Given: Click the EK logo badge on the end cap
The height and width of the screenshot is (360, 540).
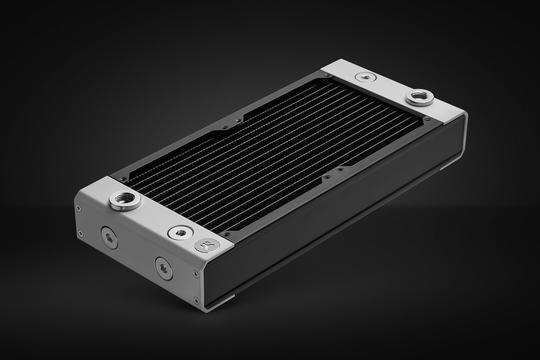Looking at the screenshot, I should [207, 245].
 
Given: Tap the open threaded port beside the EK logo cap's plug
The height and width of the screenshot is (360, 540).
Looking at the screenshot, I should [125, 200].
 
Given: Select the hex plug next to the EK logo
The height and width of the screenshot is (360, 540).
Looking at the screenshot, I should [180, 233].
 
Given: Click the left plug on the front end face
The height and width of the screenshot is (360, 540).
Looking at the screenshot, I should [109, 237].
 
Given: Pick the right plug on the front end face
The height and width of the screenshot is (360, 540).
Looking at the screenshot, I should [164, 268].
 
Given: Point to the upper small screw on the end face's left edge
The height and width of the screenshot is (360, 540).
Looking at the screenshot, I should [78, 208].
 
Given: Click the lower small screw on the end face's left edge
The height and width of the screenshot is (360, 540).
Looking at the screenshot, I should [80, 233].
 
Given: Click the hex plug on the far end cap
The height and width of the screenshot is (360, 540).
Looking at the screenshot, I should [367, 78].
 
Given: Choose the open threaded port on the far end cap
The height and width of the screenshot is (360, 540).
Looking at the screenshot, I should [420, 98].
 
